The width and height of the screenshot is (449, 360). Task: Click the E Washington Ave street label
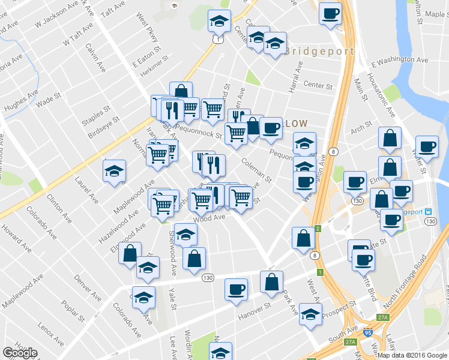(x=400, y=61)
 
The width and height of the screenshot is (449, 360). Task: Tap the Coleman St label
(x=256, y=170)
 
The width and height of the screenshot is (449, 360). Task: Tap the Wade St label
(x=49, y=99)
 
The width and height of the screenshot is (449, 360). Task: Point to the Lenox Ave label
(x=50, y=334)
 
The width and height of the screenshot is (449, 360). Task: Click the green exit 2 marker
(x=318, y=229)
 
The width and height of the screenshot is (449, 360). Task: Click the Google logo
(x=20, y=353)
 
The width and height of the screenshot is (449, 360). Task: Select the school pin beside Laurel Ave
(x=115, y=170)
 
